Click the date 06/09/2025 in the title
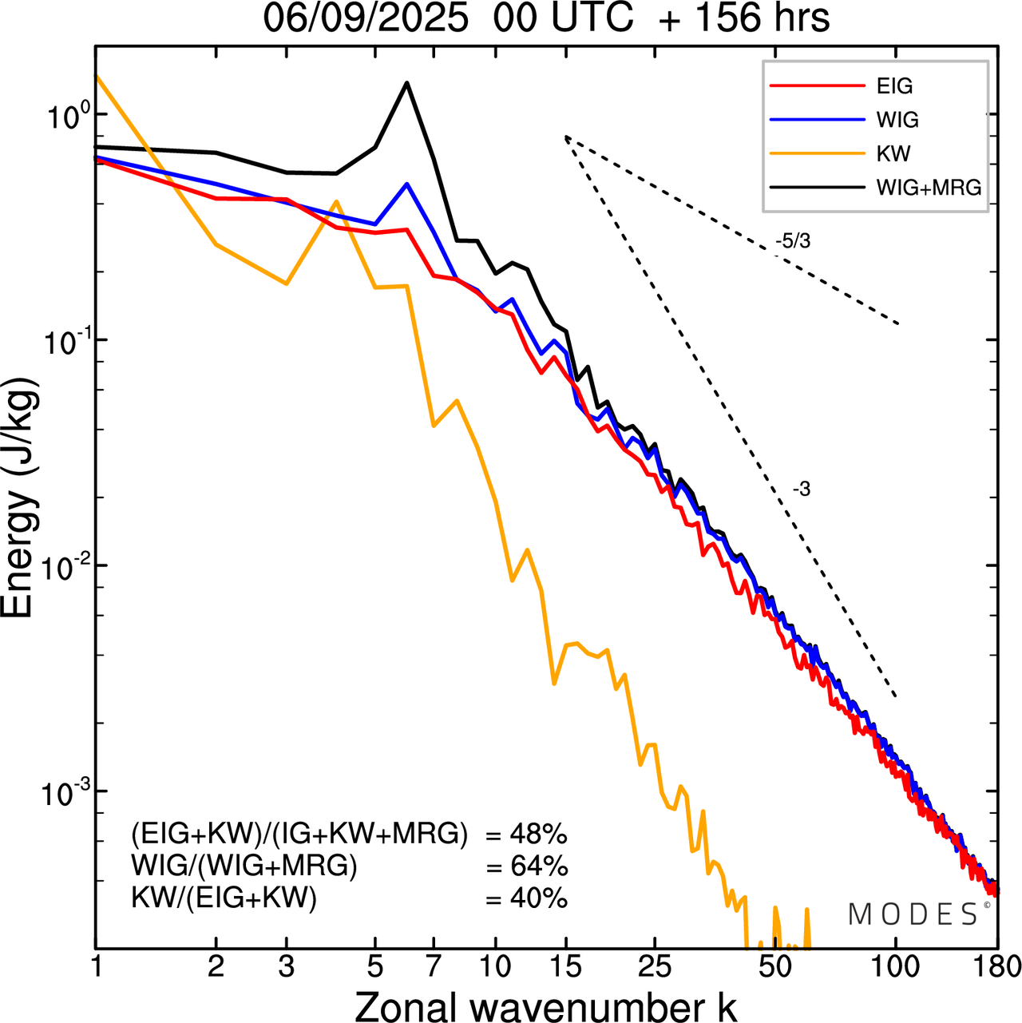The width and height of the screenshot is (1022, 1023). tap(366, 18)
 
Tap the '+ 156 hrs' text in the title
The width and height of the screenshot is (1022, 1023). tap(744, 18)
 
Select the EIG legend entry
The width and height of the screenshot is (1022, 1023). tap(894, 86)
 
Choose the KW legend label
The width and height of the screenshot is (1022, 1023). tap(893, 153)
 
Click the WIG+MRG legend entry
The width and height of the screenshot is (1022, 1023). tap(929, 188)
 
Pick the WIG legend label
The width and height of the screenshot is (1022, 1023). tap(897, 120)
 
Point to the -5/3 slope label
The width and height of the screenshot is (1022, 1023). tap(793, 241)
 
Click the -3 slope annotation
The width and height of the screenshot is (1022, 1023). tap(802, 490)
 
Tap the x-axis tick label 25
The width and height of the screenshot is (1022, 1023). tap(654, 967)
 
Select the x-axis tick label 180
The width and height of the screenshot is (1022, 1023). tap(997, 967)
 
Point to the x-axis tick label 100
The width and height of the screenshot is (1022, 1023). tap(895, 967)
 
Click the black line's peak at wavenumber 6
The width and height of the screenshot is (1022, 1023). tap(406, 82)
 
